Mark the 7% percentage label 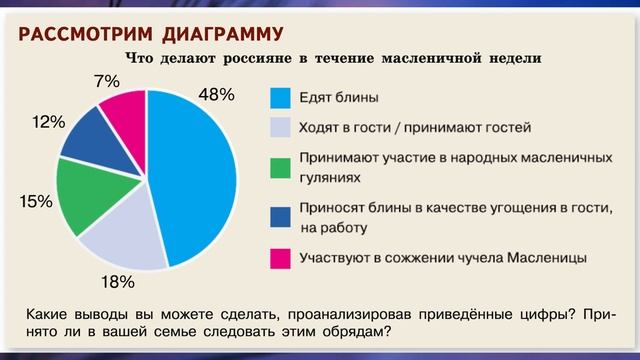(x=106, y=80)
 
